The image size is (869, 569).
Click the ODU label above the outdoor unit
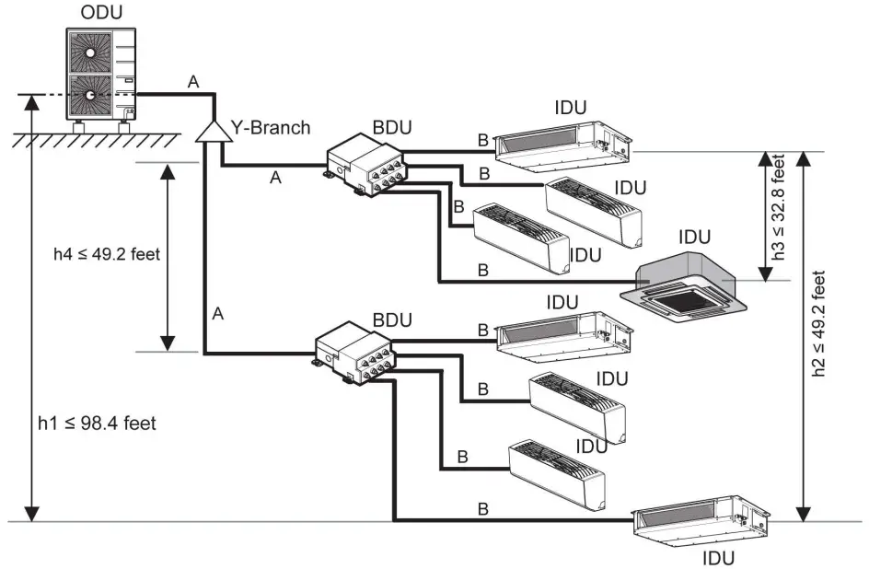(101, 12)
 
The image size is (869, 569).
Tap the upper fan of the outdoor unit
(90, 52)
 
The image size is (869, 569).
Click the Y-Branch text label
(271, 128)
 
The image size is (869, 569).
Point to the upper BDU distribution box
(365, 166)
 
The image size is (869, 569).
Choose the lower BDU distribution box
(354, 353)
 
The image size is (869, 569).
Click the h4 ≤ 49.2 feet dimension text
(107, 254)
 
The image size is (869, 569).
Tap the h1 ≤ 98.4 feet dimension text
(97, 424)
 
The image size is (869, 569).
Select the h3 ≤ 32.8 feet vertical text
(779, 206)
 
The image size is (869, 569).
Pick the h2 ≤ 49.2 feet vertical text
(818, 323)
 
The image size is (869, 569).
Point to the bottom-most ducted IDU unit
(702, 521)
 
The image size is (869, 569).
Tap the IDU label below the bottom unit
(718, 558)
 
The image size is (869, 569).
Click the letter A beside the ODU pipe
(193, 82)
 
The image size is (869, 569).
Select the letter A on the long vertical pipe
(218, 314)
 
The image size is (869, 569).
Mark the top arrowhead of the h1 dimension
(32, 102)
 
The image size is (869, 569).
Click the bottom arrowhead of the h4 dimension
(168, 343)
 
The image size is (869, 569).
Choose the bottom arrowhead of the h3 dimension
(765, 274)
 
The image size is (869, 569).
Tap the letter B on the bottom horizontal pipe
(482, 508)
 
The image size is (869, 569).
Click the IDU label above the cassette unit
(694, 238)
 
